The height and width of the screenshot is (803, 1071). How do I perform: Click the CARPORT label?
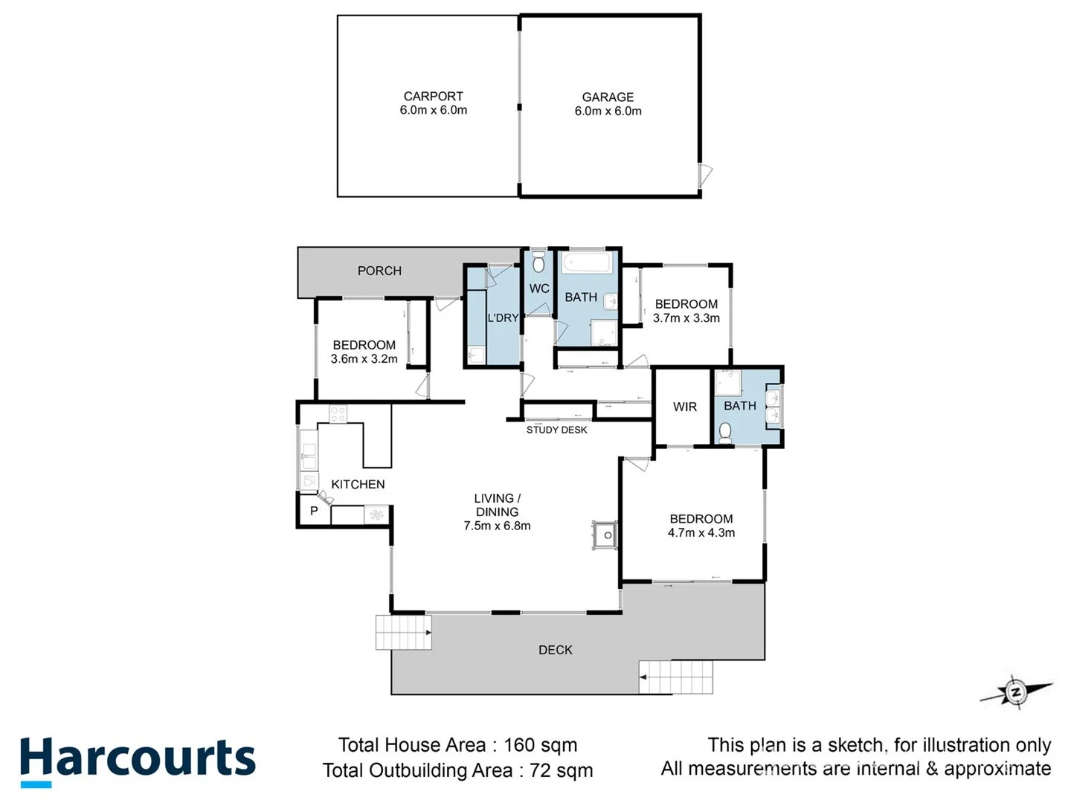pos(433,96)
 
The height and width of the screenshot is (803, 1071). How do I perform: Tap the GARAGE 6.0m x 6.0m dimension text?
pos(608,111)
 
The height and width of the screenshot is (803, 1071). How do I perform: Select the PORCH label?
pos(379,271)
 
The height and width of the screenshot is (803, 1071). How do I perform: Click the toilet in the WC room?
pos(539,262)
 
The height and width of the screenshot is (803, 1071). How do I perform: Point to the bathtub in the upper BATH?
pos(587,263)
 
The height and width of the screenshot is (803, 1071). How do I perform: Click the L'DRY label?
pos(503,317)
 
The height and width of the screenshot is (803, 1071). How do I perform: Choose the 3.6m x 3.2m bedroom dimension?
pos(364,358)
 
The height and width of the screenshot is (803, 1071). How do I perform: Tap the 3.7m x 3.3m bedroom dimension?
pos(686,317)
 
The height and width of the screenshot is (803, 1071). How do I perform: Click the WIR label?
pos(685,407)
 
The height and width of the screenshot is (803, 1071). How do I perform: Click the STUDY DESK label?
pos(556,430)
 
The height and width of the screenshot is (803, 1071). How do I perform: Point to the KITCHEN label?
pos(358,484)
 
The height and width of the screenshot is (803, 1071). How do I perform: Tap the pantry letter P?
pos(314,511)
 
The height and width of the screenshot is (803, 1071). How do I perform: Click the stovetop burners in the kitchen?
pos(338,413)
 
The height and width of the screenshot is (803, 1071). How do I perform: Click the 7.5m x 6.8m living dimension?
pos(497,526)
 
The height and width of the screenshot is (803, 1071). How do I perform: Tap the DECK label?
pos(555,650)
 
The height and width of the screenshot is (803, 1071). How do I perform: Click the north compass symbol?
pos(1015,692)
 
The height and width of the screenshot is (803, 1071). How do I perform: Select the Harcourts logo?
pos(138,760)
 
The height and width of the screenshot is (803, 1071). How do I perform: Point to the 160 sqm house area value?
pos(540,745)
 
